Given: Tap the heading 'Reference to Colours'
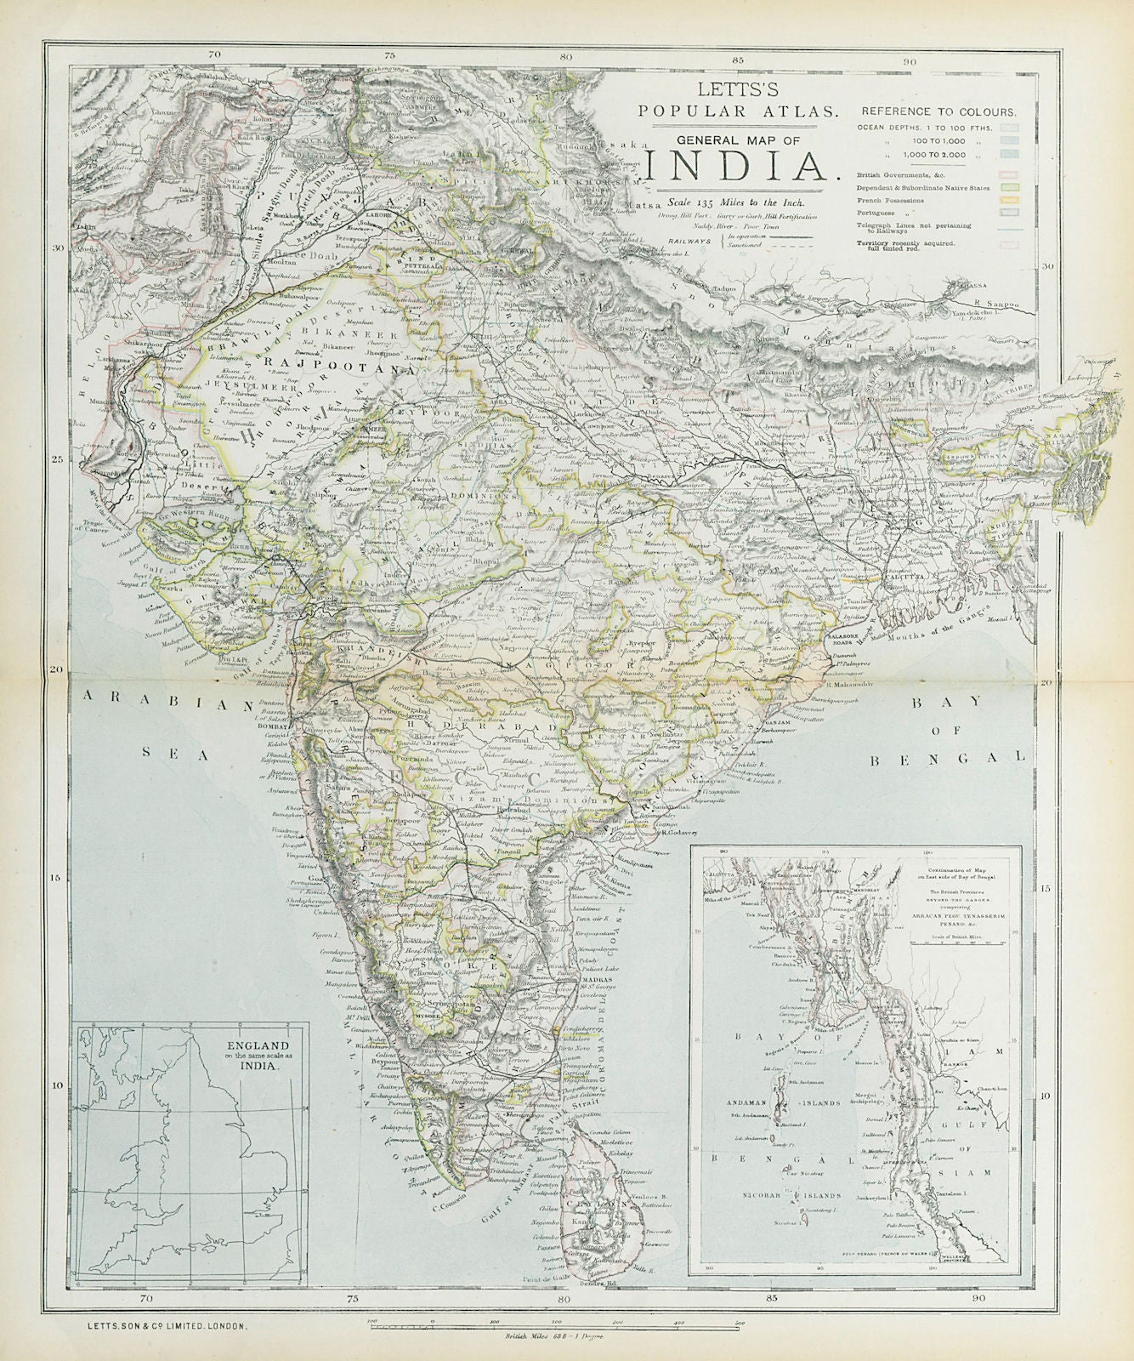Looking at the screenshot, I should point(938,111).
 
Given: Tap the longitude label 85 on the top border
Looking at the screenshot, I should point(736,60).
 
